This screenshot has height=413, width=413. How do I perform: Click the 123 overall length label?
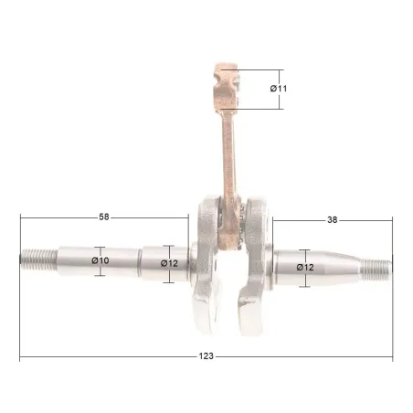(206, 356)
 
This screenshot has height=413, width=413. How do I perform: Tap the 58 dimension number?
(104, 217)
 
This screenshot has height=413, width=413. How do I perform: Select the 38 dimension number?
(333, 219)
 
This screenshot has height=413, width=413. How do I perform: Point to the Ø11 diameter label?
(279, 89)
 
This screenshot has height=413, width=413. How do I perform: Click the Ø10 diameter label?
(101, 260)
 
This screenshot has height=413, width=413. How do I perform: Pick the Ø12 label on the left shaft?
(169, 263)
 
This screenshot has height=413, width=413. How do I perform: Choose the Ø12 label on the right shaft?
(305, 268)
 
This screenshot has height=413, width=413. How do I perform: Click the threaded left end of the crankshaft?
(39, 259)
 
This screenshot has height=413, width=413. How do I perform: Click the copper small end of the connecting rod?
(226, 87)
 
